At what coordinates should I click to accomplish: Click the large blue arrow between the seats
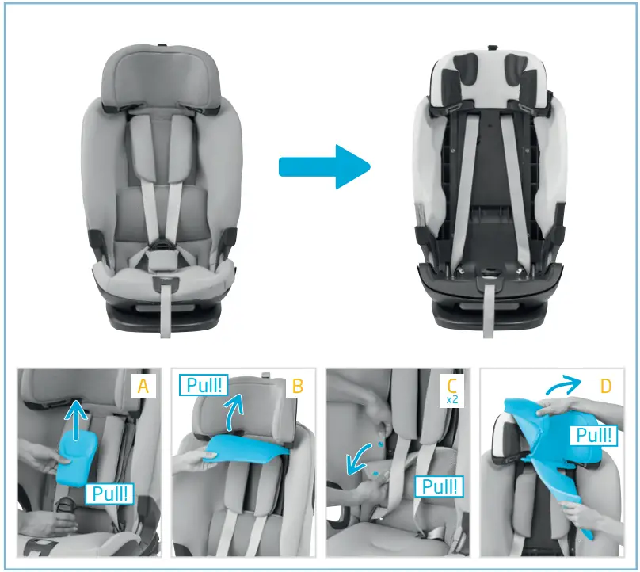pyautogui.click(x=325, y=166)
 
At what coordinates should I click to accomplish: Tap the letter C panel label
pyautogui.click(x=452, y=384)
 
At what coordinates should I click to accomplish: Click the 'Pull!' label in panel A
pyautogui.click(x=109, y=494)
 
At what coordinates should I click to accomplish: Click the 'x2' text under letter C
pyautogui.click(x=452, y=400)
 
